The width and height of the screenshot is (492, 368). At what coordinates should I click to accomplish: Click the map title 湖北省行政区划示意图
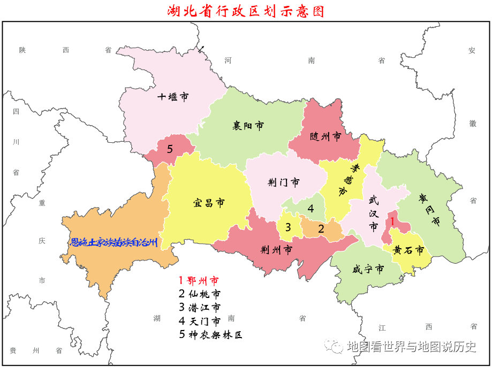[246, 11]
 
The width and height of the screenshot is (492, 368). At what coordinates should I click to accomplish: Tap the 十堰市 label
[173, 97]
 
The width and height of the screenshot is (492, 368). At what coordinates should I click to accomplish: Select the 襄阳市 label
[248, 126]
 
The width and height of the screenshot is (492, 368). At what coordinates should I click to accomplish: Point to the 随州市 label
[326, 136]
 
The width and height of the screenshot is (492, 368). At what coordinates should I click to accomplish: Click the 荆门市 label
[283, 182]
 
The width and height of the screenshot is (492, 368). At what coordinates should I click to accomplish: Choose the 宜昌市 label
[208, 203]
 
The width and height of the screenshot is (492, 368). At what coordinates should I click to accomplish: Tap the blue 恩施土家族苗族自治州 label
[115, 242]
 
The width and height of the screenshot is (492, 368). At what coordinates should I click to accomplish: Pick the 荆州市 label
[276, 250]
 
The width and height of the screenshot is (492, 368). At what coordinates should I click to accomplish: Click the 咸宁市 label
[368, 269]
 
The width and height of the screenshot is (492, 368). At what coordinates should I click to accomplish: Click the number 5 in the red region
[170, 149]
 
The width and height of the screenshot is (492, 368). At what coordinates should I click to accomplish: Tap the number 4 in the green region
[311, 209]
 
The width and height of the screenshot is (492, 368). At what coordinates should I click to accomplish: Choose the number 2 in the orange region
[321, 229]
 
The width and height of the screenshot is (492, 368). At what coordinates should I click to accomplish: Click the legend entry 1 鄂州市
[199, 280]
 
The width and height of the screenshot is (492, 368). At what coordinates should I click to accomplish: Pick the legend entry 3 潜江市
[199, 308]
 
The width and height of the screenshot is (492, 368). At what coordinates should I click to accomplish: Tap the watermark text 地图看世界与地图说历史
[411, 347]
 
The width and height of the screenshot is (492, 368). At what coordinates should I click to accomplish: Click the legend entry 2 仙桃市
[199, 294]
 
